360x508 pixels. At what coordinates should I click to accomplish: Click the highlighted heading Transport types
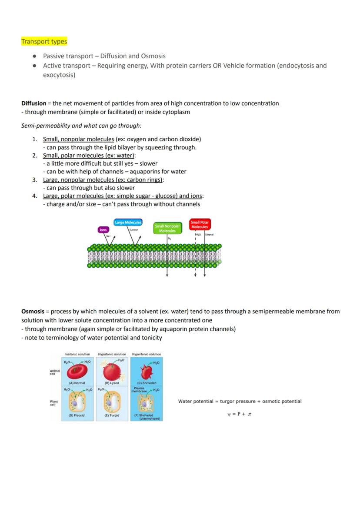[44, 42]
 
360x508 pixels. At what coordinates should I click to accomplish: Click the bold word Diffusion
[33, 103]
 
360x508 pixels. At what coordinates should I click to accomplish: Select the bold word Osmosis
[33, 312]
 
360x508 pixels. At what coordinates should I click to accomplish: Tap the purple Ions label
[103, 229]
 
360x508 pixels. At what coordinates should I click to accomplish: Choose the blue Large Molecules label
[128, 222]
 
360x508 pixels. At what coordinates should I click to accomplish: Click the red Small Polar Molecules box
[200, 224]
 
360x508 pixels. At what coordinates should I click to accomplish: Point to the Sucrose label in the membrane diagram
[133, 230]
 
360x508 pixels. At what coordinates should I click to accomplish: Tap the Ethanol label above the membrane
[209, 235]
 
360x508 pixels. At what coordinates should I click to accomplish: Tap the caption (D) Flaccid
[77, 416]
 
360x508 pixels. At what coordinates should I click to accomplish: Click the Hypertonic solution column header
[147, 354]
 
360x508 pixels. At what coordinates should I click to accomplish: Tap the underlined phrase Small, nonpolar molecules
[79, 139]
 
